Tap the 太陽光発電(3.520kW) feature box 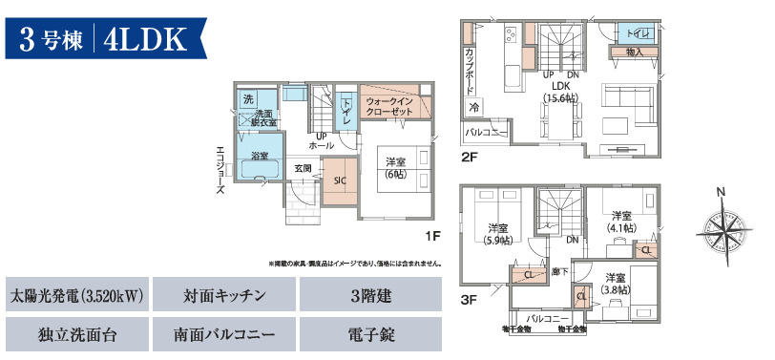coord(76,297)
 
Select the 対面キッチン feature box coord(224,297)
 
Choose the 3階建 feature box coord(371,297)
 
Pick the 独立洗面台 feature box coord(76,335)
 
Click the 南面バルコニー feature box coord(224,335)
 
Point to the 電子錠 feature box coord(371,335)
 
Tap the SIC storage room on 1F coord(340,180)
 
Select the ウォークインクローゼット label coord(389,106)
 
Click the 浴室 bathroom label coord(260,155)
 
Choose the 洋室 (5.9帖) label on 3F coord(497,234)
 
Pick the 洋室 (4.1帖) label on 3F coord(622,221)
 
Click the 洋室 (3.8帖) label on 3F coord(615,284)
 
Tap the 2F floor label coord(469,156)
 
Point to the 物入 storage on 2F coord(635,52)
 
